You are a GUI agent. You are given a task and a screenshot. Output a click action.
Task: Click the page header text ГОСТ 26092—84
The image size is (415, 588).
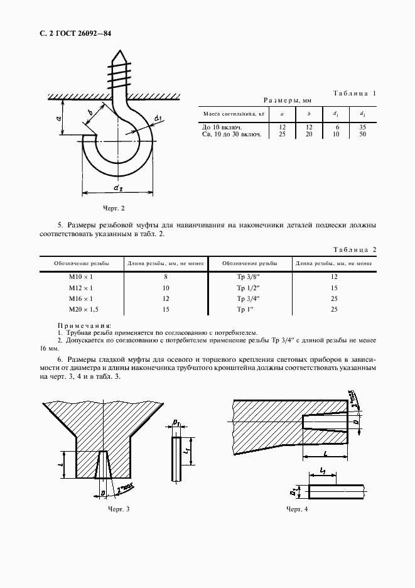75,33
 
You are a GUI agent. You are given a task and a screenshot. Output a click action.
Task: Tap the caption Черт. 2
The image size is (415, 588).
114,207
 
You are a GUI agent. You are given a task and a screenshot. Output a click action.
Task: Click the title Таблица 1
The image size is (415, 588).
355,93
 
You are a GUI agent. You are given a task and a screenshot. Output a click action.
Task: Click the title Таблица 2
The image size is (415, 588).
355,249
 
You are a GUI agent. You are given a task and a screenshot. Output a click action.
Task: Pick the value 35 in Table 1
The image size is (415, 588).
363,127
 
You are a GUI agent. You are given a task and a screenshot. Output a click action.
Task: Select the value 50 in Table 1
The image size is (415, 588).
363,134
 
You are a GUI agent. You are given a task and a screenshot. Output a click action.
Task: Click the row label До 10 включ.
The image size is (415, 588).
222,127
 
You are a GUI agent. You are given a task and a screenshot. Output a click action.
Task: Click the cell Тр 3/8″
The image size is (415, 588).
249,276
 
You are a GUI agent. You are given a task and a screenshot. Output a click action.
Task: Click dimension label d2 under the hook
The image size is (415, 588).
118,187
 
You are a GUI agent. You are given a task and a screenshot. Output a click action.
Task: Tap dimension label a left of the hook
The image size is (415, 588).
58,117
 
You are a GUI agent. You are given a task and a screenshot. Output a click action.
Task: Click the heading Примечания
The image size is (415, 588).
84,325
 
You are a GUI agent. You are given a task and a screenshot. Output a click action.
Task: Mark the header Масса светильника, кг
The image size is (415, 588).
230,114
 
